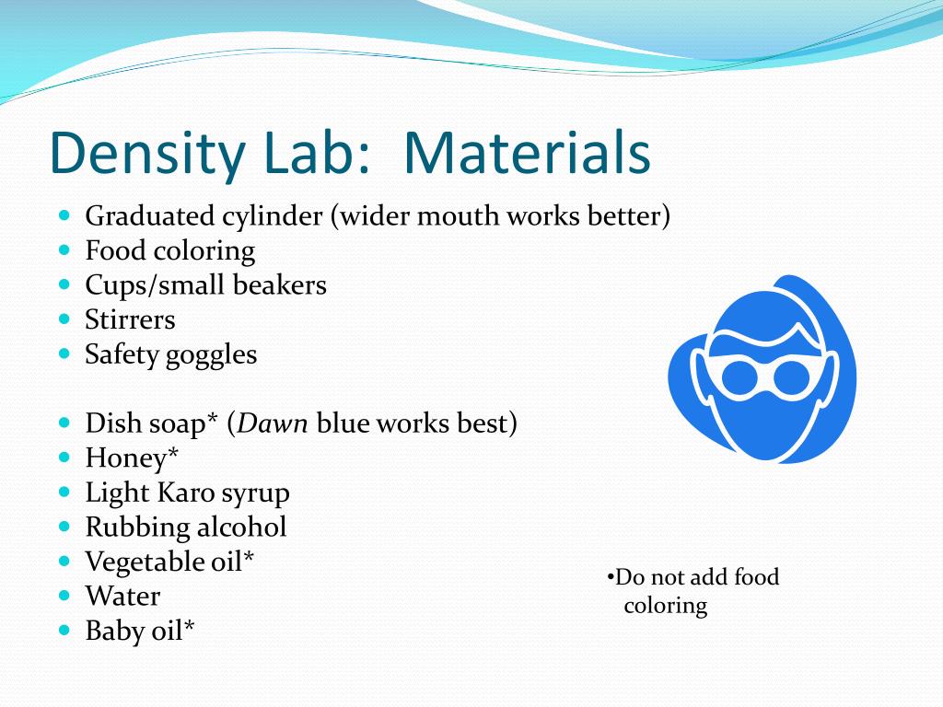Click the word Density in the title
coord(137,155)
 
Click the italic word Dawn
coord(274,423)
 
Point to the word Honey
coord(126,458)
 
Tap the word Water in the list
coord(122,596)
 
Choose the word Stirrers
coord(130,319)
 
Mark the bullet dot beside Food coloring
coord(64,249)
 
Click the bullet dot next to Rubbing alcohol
coord(64,527)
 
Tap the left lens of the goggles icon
coord(739,376)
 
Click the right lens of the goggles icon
coord(789,376)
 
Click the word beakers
coord(279,285)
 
